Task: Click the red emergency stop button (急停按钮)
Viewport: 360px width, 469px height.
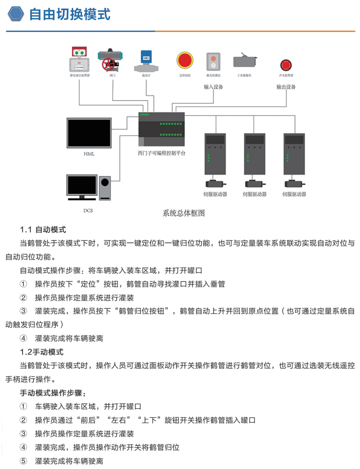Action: pos(185,60)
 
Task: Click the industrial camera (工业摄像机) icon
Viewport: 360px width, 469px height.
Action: pos(245,61)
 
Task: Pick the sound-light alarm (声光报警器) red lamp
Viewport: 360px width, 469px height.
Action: pos(286,65)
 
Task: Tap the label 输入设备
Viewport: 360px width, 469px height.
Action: pos(213,87)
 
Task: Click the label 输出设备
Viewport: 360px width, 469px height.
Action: pos(286,87)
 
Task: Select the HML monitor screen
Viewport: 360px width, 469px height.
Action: pos(89,133)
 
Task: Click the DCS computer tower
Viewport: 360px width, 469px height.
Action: pos(105,188)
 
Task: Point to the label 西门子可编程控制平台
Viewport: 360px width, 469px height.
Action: pos(161,153)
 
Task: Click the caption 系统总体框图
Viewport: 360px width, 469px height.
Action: pos(184,213)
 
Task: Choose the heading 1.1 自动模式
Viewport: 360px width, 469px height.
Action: pos(43,230)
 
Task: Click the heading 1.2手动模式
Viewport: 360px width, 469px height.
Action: pos(41,352)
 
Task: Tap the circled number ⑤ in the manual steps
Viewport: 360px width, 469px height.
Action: pos(23,461)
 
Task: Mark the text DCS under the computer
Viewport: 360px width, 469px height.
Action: pos(88,210)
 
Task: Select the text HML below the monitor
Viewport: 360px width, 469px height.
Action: pos(89,154)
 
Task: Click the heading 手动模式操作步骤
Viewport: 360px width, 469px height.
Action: pos(53,393)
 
